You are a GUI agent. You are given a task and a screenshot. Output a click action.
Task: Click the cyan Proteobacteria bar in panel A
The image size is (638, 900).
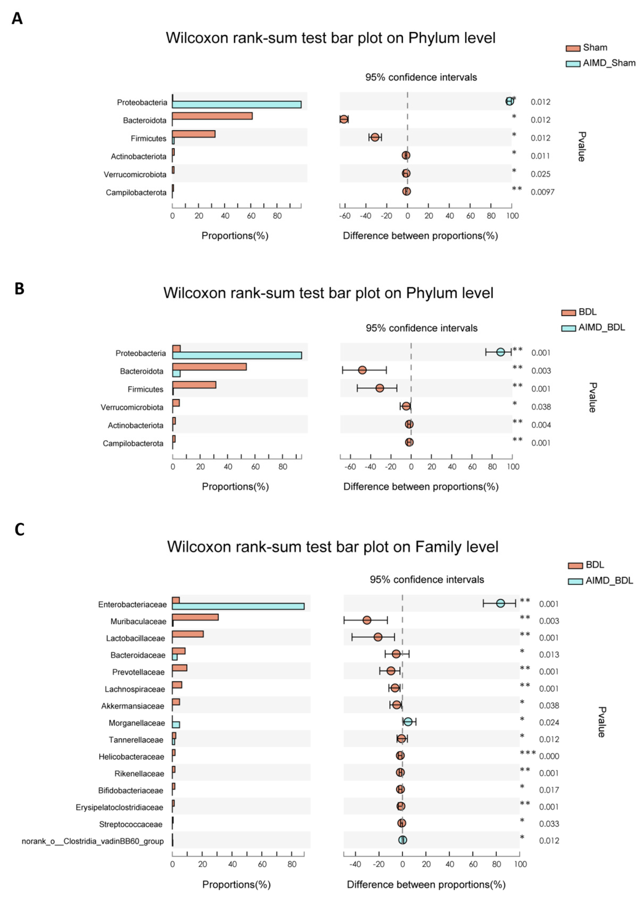tap(237, 104)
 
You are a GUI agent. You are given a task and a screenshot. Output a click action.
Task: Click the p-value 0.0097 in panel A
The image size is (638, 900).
tap(542, 192)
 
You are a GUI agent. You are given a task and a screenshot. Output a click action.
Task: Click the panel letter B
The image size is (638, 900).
tap(19, 289)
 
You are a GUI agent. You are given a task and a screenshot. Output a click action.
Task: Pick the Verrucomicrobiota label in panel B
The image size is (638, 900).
tap(132, 407)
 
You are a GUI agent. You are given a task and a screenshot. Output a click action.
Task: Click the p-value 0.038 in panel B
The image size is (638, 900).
tap(541, 407)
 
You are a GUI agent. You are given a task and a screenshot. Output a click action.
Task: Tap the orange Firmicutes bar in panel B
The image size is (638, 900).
tap(194, 385)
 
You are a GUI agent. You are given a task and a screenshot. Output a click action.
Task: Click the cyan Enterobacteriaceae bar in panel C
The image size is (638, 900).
tap(238, 606)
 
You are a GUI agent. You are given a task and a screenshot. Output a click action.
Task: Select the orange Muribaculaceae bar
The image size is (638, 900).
tap(195, 617)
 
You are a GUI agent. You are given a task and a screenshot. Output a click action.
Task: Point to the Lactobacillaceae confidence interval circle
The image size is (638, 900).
tap(378, 637)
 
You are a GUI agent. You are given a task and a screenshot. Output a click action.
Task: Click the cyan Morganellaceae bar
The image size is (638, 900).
tap(176, 725)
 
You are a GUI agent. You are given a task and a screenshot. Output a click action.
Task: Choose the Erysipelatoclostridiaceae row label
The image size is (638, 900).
tap(119, 807)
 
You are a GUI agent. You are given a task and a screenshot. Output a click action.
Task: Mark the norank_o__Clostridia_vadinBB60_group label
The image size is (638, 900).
tap(93, 841)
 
